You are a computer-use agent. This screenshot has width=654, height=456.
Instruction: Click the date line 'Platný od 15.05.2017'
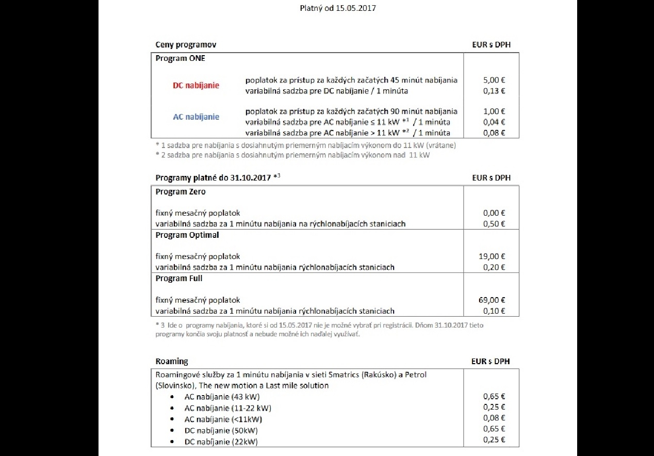[x=337, y=8]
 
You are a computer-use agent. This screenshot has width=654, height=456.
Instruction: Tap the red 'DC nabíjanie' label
[x=196, y=86]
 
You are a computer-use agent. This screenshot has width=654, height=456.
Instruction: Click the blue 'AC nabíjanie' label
[x=196, y=117]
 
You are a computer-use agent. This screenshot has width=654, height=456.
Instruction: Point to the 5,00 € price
[x=494, y=80]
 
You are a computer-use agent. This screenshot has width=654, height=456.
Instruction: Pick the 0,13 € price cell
[x=494, y=91]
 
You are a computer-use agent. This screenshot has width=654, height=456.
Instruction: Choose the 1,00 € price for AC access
[x=494, y=111]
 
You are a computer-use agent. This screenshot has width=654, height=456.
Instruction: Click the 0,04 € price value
[x=494, y=122]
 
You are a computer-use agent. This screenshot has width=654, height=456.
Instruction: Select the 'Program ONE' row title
[x=181, y=58]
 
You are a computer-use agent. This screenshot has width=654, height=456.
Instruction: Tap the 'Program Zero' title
[x=181, y=192]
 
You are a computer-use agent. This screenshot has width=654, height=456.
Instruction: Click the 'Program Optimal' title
[x=187, y=235]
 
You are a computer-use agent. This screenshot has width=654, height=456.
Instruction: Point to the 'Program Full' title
[x=179, y=279]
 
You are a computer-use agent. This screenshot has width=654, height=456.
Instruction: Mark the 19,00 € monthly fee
[x=492, y=256]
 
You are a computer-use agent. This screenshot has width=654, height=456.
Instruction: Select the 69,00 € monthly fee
[x=492, y=300]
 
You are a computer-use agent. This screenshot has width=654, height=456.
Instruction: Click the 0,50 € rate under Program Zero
[x=494, y=224]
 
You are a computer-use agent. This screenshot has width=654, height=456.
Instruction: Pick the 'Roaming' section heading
[x=172, y=362]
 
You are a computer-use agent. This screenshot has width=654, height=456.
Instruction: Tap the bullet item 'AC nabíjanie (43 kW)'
[x=222, y=397]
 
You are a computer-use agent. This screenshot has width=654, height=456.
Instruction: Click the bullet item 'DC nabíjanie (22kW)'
[x=221, y=442]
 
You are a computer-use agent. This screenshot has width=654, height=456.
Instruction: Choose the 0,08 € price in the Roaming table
[x=494, y=418]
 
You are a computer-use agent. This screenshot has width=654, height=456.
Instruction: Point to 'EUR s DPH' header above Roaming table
[x=490, y=362]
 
